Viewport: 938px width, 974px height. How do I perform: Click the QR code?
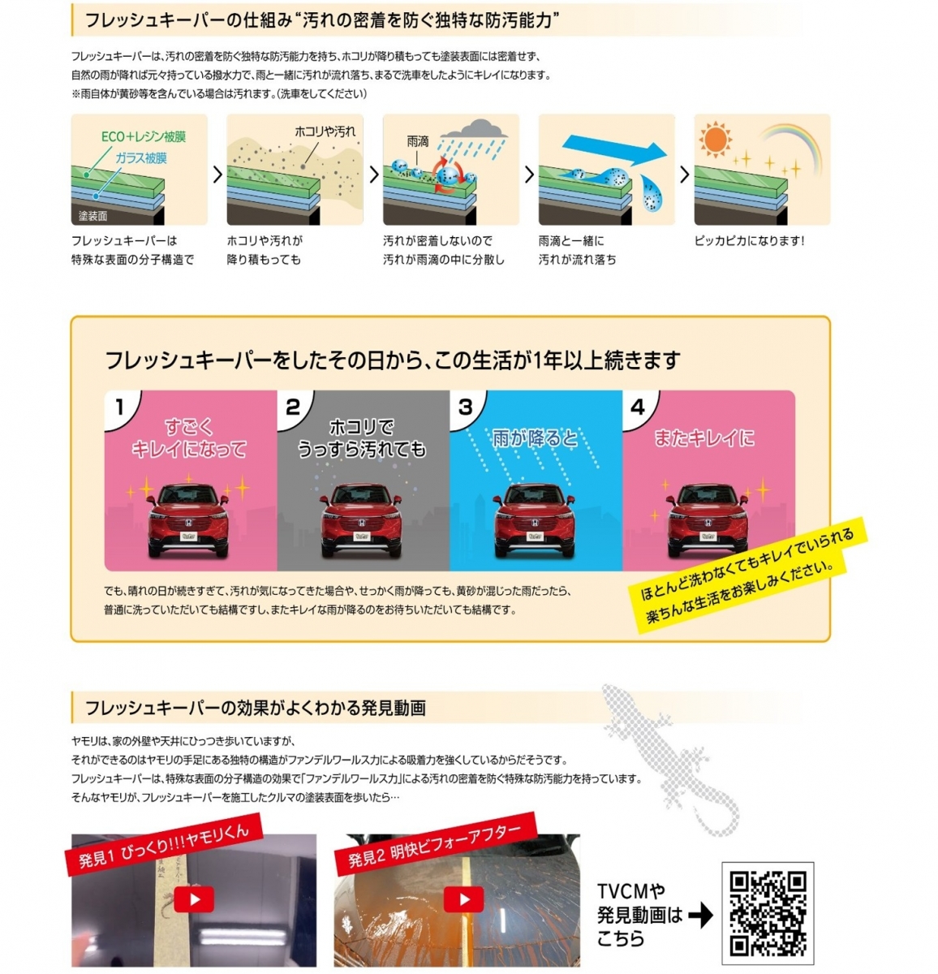tap(768, 913)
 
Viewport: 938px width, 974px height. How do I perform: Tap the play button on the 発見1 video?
tap(194, 899)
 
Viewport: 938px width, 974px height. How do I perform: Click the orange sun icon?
tap(716, 139)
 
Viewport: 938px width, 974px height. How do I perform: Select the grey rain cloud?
tap(473, 129)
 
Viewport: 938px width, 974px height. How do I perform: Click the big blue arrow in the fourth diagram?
tap(615, 149)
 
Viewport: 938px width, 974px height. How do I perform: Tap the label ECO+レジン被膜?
tap(143, 136)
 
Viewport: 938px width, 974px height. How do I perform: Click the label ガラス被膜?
tap(141, 158)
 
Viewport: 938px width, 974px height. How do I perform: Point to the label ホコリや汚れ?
tap(325, 131)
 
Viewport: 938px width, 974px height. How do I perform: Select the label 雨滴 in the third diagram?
tap(417, 142)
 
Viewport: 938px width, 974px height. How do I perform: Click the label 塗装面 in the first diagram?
tap(93, 216)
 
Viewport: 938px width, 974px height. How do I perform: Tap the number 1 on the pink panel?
tap(119, 407)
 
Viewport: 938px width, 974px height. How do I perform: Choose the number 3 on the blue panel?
tap(465, 407)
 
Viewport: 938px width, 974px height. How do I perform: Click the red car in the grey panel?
tap(361, 519)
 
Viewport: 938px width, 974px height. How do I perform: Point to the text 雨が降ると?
tap(535, 438)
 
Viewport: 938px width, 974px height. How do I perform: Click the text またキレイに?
tap(704, 438)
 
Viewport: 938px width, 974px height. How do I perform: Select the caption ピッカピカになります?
tap(750, 241)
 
